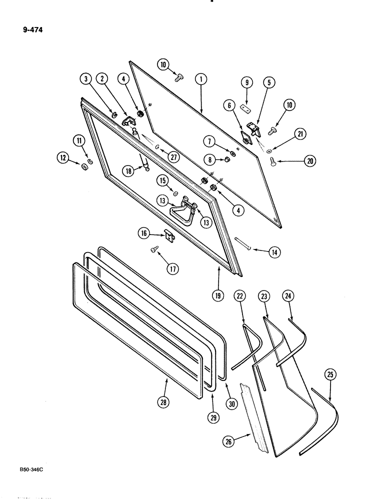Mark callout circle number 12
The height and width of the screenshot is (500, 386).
click(63, 159)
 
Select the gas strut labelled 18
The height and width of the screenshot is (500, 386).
click(146, 162)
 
